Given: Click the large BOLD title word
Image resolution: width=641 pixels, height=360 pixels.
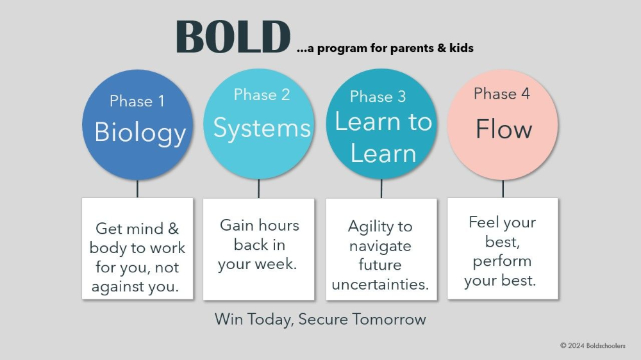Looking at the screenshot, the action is tap(233, 37).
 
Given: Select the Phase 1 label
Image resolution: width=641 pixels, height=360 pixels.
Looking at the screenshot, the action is tap(137, 101).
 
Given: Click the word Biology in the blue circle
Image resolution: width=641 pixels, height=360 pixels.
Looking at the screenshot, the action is tap(140, 133).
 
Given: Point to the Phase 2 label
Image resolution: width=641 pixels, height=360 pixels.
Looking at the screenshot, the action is tap(262, 95).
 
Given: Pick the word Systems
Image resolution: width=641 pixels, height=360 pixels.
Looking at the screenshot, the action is tap(262, 128).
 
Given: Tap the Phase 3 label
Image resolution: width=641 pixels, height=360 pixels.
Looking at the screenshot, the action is tap(378, 97).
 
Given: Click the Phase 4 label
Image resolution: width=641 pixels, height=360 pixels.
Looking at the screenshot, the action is tap(502, 94).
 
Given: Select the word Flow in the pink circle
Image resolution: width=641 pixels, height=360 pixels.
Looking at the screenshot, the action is tap(504, 129).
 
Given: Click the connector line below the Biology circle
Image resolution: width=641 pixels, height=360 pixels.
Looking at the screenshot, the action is tap(137, 189).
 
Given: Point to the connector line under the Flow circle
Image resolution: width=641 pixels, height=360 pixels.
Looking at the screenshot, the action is tap(503, 189).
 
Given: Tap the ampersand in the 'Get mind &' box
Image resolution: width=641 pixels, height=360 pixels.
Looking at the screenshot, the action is tap(173, 229).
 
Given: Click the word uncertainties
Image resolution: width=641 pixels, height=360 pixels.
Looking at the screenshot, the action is tap(380, 284).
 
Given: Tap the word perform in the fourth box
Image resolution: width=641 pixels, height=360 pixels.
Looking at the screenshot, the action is tap(502, 261).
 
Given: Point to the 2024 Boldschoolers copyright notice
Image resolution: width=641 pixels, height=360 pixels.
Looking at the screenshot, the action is tap(593, 346).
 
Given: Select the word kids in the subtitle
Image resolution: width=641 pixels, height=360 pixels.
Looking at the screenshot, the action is tap(462, 48).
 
